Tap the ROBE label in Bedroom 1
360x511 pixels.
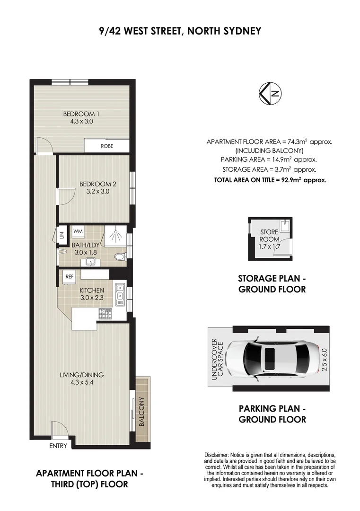click(107, 146)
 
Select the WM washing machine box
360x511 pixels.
click(78, 231)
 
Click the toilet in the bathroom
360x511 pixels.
click(120, 257)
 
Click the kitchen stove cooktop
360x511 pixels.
click(105, 313)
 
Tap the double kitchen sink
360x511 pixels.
click(120, 291)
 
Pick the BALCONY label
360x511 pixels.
click(141, 411)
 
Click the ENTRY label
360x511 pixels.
click(58, 446)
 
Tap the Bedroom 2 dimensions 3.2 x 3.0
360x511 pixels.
click(97, 192)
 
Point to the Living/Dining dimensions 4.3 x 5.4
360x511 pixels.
click(81, 383)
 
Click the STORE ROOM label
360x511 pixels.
click(270, 236)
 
